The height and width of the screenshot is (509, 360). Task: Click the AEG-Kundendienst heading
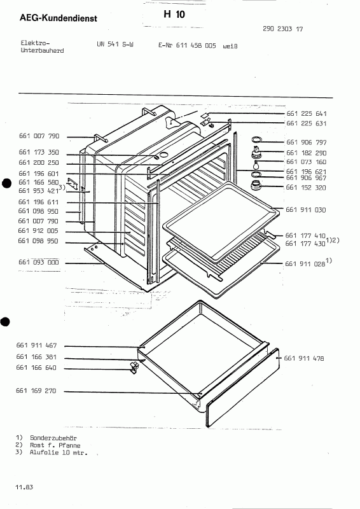tap(59, 18)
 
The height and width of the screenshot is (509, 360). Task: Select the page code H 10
tap(174, 14)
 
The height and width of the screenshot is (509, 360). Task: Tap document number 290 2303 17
tap(283, 29)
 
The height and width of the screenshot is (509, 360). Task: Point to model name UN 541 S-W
tap(115, 44)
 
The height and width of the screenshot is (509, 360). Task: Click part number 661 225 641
tap(307, 114)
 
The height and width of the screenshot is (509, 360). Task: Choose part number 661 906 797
tap(307, 142)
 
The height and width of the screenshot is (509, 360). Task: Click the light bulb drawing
tap(257, 165)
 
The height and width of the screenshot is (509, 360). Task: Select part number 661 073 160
tap(306, 162)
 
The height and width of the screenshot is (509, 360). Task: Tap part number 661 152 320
tap(306, 188)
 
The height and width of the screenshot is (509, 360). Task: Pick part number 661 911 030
tap(305, 210)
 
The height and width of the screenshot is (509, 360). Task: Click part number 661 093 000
tap(39, 262)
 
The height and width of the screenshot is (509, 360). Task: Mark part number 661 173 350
tap(39, 152)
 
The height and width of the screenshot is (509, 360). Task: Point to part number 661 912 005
tap(38, 231)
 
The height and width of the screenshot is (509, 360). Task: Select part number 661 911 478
tap(304, 358)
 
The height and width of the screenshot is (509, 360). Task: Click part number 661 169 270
tap(36, 391)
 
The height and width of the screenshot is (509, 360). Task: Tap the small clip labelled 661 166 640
tap(134, 367)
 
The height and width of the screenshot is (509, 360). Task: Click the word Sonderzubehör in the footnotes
tap(53, 438)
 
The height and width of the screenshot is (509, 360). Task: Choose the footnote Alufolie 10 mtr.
tap(59, 452)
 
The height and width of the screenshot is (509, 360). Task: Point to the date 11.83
tap(24, 487)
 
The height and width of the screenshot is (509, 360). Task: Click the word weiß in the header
tap(230, 46)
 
